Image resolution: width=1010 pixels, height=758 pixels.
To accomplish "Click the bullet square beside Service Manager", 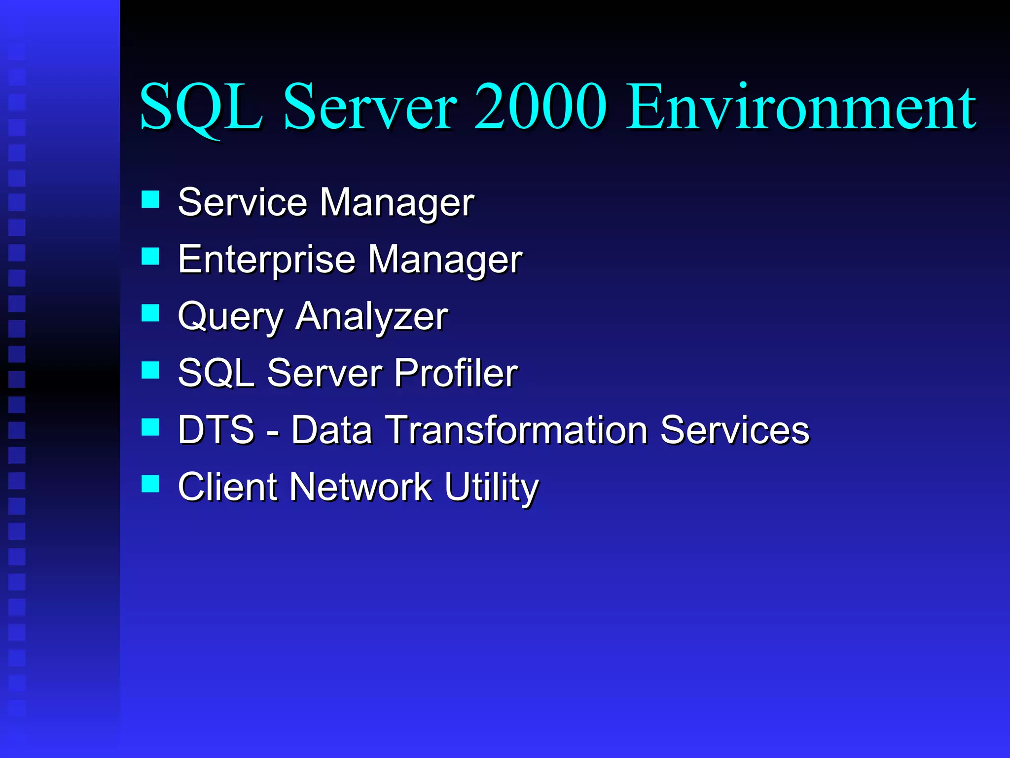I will point(150,199).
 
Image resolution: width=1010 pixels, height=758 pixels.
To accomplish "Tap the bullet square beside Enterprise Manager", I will point(150,256).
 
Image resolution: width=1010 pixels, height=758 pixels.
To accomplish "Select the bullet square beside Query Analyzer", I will point(150,313).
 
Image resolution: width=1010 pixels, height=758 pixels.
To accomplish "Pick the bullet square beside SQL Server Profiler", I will point(150,370).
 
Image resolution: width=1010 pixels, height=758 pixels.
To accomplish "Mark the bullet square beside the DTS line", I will point(150,427).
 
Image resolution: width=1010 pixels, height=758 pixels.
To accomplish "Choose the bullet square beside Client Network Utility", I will point(150,484).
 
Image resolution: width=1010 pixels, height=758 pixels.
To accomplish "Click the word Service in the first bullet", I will point(242,202).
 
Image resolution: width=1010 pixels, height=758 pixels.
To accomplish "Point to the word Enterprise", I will point(266,259).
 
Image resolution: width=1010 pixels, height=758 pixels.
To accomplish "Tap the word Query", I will point(230,316).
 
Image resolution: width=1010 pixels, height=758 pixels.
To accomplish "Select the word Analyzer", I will point(372,316).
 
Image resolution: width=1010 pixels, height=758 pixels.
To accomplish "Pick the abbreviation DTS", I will point(216,429).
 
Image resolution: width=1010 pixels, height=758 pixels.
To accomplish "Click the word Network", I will point(361,487).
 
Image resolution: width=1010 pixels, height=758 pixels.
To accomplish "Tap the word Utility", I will point(491,487).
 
